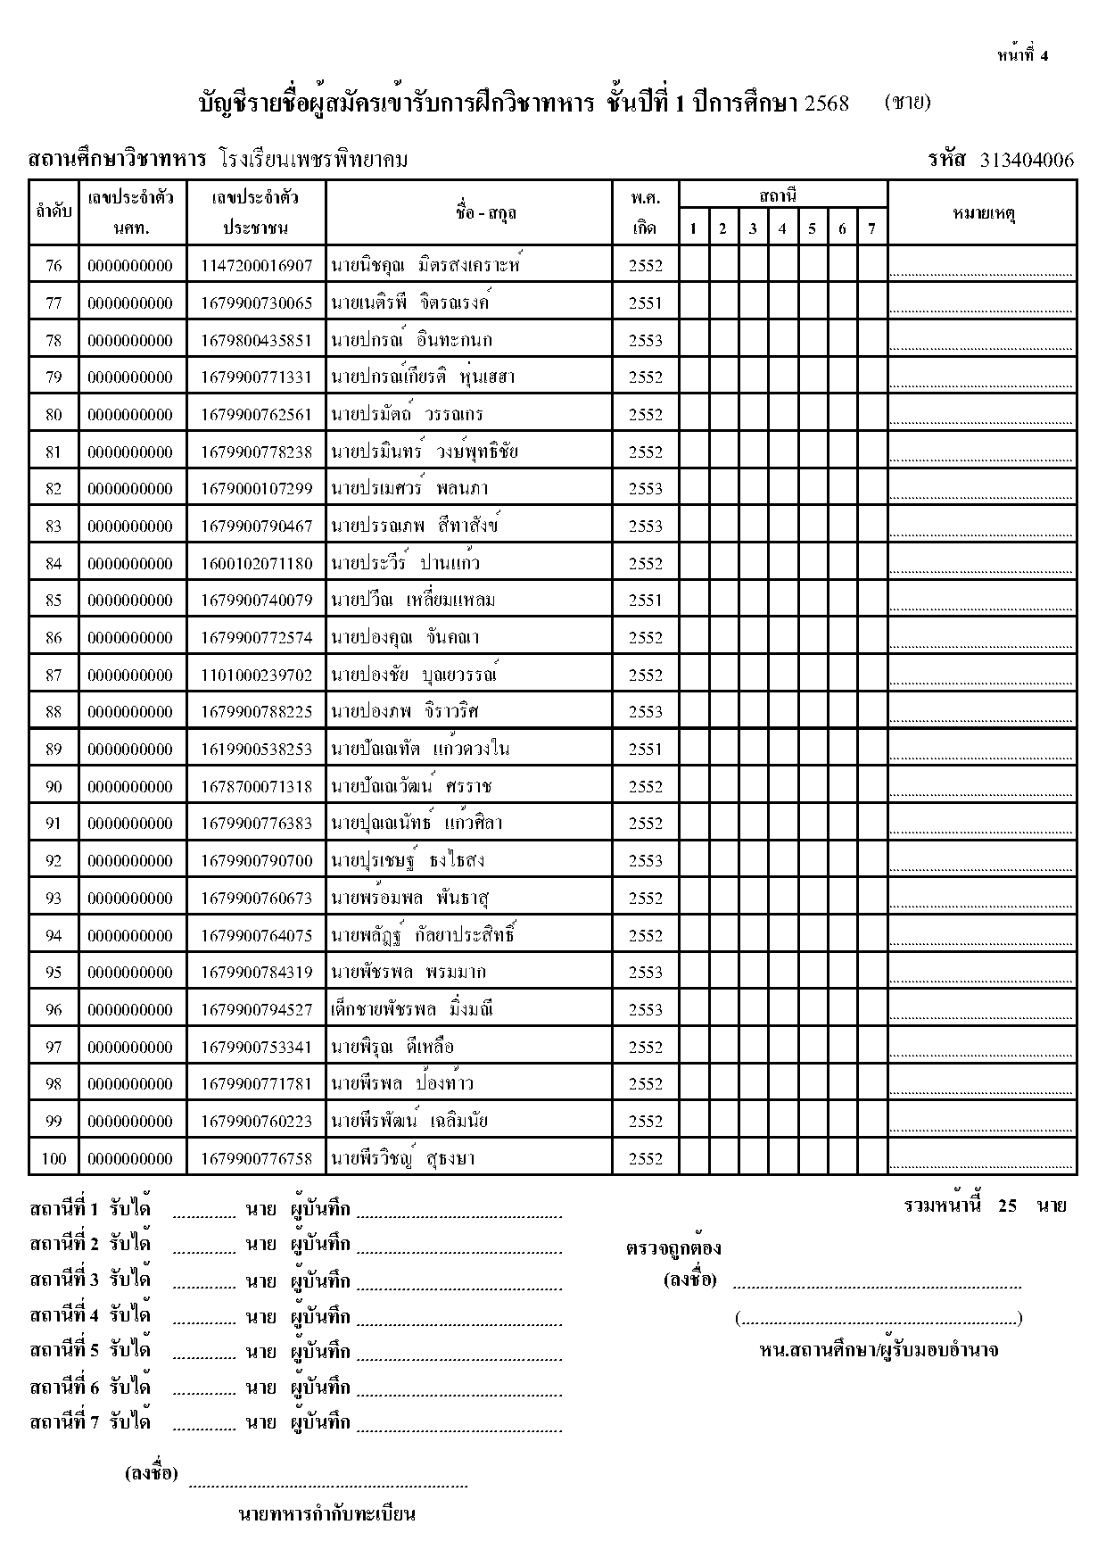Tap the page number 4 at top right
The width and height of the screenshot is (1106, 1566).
[1044, 55]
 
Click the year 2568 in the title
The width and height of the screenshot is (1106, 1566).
[826, 103]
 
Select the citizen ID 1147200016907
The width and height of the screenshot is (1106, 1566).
[257, 265]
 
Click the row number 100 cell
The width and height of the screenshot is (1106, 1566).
[54, 1158]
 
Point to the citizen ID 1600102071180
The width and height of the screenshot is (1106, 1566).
[257, 563]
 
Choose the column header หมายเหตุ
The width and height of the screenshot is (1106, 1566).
[982, 212]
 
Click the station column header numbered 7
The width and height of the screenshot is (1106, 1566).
[871, 228]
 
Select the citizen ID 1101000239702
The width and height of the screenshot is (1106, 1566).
[257, 675]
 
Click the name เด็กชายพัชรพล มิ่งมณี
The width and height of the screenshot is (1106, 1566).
[411, 1009]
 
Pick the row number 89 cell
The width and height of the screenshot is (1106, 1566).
[54, 749]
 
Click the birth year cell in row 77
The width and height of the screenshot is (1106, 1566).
[645, 302]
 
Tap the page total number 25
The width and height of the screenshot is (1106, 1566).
[1008, 1206]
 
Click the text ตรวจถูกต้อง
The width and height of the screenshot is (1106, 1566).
[673, 1247]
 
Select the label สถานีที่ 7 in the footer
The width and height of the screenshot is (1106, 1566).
[64, 1421]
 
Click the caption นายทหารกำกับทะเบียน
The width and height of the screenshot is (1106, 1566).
[327, 1513]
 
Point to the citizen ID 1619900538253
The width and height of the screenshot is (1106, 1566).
[257, 749]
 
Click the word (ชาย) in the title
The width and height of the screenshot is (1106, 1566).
[908, 102]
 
